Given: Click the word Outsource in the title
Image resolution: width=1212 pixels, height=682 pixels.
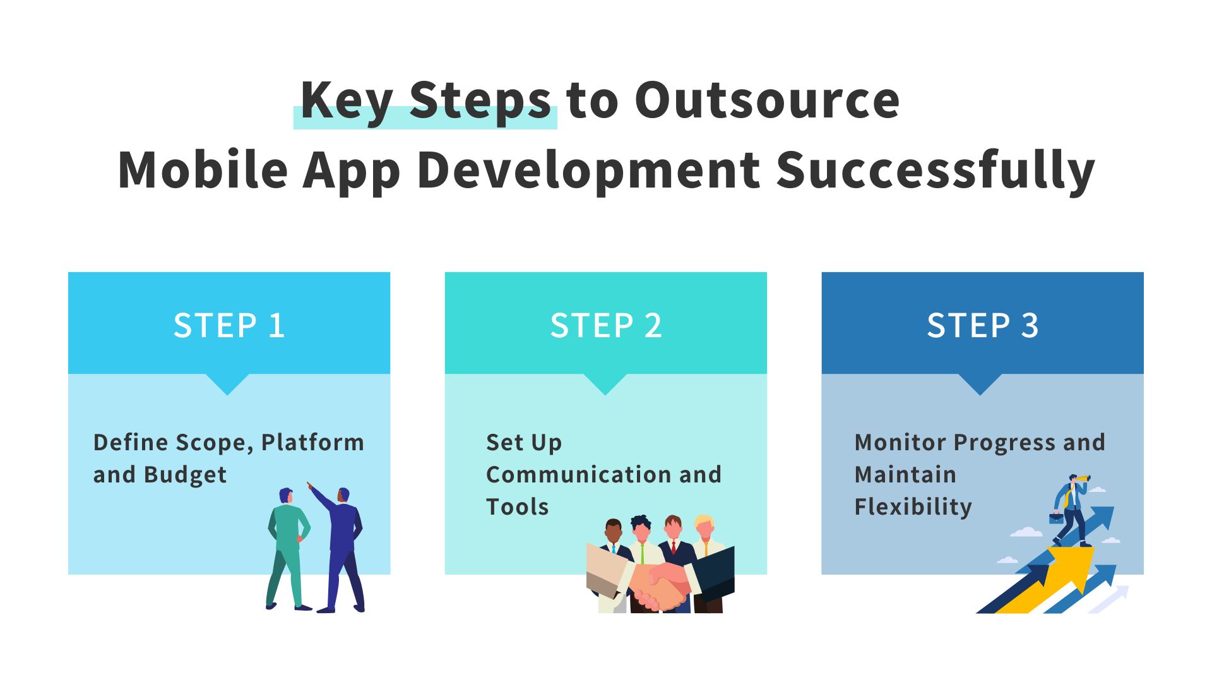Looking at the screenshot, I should [767, 101].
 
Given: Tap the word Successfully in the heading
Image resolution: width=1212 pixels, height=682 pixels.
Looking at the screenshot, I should [935, 170].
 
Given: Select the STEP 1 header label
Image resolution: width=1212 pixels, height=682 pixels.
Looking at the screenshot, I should [229, 326].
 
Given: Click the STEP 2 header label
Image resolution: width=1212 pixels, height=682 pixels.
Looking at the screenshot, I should [606, 326].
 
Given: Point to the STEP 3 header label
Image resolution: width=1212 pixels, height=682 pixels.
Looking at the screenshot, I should [982, 326].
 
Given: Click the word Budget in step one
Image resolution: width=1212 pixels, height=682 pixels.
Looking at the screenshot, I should [185, 475].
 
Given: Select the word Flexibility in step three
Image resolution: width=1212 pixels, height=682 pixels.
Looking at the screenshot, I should [913, 507].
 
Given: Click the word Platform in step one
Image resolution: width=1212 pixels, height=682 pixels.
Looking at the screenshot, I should [312, 443].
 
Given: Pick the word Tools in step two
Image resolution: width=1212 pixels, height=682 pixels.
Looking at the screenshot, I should [517, 507].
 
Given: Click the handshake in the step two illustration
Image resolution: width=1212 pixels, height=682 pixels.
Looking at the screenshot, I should [660, 584].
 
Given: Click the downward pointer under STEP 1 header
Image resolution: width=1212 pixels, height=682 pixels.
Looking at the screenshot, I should [228, 383].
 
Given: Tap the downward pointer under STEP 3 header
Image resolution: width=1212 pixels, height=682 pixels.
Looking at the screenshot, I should [980, 383].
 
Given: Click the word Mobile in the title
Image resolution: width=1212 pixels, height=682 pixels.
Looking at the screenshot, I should [203, 170].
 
